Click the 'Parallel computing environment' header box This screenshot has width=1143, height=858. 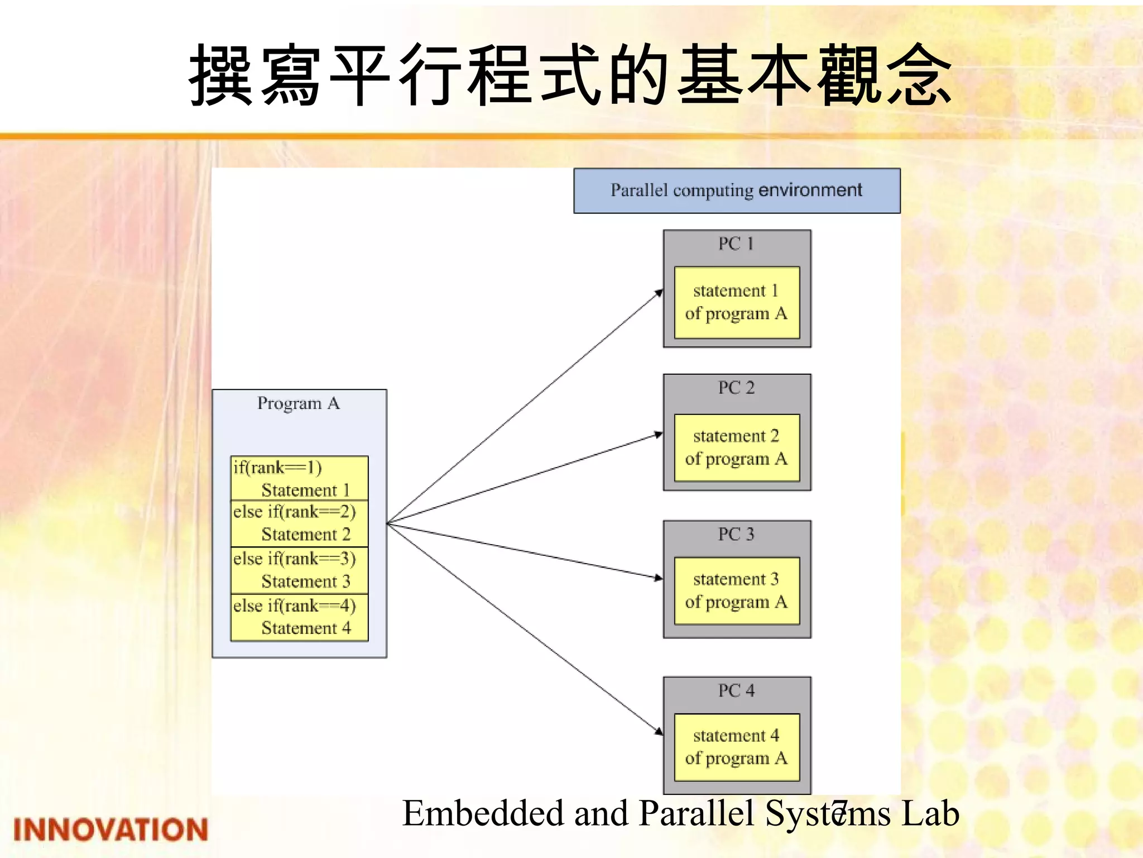[x=737, y=190]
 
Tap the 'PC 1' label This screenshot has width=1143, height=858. [x=736, y=244]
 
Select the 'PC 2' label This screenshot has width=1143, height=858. [x=736, y=388]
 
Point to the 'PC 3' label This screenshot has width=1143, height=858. [x=736, y=534]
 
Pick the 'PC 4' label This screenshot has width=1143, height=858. [x=736, y=690]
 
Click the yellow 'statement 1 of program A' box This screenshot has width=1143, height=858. [x=737, y=302]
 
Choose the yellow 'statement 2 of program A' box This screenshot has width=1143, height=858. [x=737, y=447]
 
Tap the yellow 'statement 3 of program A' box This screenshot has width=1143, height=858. [x=737, y=590]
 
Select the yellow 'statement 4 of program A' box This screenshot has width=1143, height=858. [x=737, y=747]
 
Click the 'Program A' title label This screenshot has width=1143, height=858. [x=299, y=403]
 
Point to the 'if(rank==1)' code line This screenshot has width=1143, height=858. [x=277, y=468]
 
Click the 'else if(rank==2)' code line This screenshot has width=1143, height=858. [x=294, y=512]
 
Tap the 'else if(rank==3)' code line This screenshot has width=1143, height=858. [x=294, y=559]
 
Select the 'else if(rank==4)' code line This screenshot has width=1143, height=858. [x=294, y=606]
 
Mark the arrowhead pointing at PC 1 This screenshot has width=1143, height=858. [x=660, y=293]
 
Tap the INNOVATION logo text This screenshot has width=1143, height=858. [x=111, y=830]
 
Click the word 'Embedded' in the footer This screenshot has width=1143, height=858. [x=483, y=813]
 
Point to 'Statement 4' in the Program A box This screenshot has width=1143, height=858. [x=306, y=628]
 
